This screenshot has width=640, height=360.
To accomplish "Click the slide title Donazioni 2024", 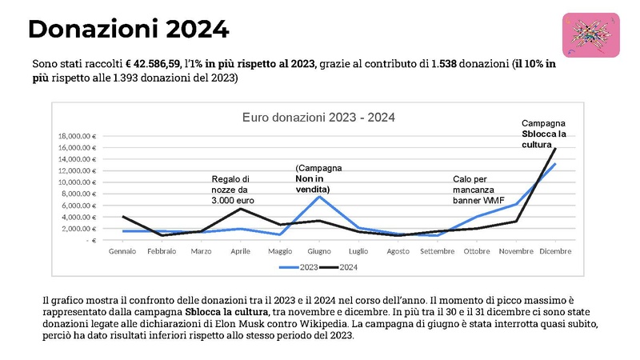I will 129,30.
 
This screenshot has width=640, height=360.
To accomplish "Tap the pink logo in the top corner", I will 591,35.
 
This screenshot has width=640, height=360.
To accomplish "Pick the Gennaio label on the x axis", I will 122,251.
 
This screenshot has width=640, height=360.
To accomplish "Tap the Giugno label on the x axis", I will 319,251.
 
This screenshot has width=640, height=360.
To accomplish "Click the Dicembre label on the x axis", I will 555,251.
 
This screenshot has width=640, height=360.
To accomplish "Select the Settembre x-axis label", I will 437,251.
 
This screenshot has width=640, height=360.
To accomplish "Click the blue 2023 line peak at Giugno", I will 319,197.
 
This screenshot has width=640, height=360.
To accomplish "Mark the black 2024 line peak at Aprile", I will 241,209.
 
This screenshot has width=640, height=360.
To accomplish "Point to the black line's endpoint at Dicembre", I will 555,149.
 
